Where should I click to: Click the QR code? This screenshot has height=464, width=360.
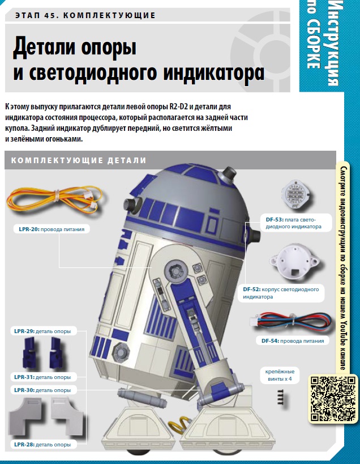(x=333, y=399)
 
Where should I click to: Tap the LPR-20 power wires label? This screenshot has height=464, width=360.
(x=52, y=229)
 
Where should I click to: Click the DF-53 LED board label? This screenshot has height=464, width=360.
(x=294, y=223)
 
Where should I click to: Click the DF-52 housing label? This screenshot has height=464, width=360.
(x=281, y=293)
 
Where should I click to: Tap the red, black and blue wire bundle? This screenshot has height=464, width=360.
(x=290, y=322)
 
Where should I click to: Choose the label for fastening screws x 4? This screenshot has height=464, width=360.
(x=280, y=375)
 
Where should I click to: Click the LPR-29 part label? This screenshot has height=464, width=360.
(x=42, y=331)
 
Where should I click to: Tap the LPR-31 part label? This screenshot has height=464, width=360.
(x=42, y=377)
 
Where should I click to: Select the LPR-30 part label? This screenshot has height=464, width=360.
(x=42, y=390)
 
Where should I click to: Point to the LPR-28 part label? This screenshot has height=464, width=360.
(x=42, y=445)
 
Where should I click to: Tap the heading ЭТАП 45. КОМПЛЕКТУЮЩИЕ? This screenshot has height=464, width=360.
(x=85, y=15)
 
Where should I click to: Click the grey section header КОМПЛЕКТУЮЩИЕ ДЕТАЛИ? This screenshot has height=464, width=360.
(x=79, y=160)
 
